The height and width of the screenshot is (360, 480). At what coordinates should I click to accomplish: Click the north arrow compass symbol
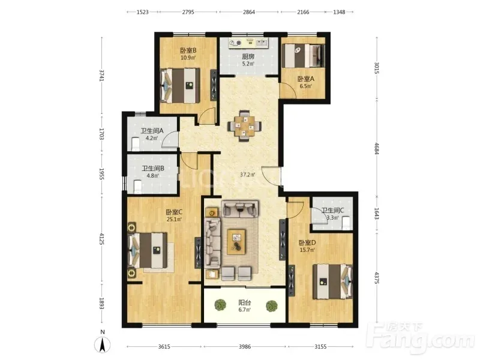tap(103, 344)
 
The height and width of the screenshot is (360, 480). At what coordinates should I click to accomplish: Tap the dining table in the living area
tap(244, 125)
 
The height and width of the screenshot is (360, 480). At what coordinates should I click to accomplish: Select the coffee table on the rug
tap(236, 242)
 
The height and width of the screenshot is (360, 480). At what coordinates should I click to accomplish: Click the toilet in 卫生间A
tap(135, 144)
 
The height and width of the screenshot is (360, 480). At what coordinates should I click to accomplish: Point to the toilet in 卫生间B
tap(137, 187)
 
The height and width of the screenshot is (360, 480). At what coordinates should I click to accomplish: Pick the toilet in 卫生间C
tap(346, 223)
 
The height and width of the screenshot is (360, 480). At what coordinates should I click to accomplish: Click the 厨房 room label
tap(248, 56)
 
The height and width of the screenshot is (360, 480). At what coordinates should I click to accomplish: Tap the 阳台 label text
tap(245, 303)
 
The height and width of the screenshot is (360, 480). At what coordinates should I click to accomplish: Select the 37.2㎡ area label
tap(248, 175)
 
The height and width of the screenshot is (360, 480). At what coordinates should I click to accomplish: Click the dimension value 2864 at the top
tap(249, 12)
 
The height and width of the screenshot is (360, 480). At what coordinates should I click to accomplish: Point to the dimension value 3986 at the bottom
tap(245, 347)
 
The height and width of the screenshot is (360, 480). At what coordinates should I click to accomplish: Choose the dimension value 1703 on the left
tap(102, 134)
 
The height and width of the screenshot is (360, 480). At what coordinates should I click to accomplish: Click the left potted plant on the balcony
tap(220, 305)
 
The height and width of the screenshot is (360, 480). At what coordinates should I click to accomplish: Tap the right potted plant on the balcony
tap(271, 306)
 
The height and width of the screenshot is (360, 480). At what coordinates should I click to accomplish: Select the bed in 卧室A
tap(303, 56)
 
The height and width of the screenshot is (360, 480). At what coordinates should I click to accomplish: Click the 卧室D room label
tap(307, 243)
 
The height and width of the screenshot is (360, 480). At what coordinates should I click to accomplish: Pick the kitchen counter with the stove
tap(248, 43)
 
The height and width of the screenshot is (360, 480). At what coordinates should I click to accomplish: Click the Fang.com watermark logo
tap(423, 338)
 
